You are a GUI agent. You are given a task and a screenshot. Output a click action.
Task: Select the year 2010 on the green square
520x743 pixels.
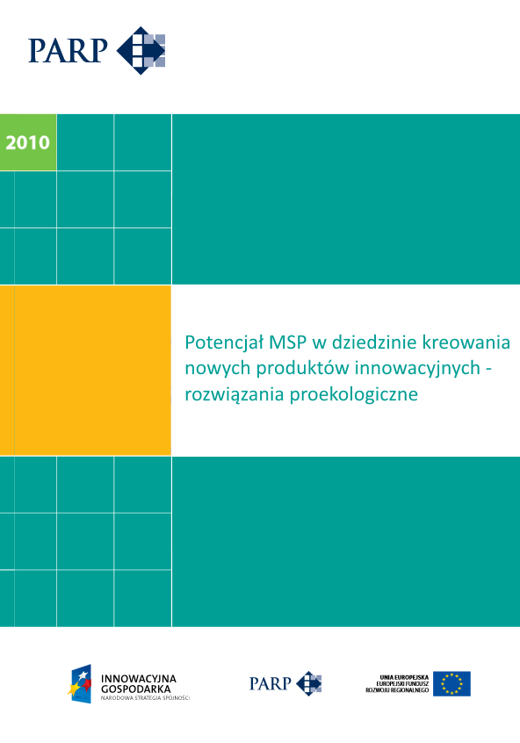tap(28, 142)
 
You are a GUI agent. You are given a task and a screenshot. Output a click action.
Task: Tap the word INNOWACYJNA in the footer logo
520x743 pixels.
tap(139, 679)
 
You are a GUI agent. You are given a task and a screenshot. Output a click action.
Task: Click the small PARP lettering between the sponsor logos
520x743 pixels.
tap(270, 683)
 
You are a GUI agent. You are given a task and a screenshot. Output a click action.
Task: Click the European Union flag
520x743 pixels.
tap(451, 683)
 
